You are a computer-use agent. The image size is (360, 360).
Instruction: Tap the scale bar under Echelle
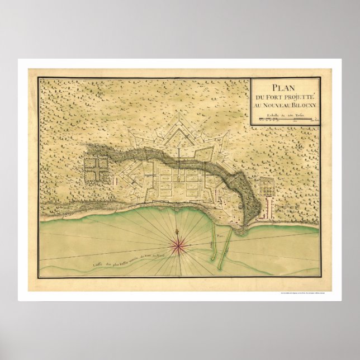click(285, 119)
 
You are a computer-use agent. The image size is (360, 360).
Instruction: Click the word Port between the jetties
click(226, 238)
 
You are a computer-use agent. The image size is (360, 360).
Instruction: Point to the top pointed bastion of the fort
click(180, 117)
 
